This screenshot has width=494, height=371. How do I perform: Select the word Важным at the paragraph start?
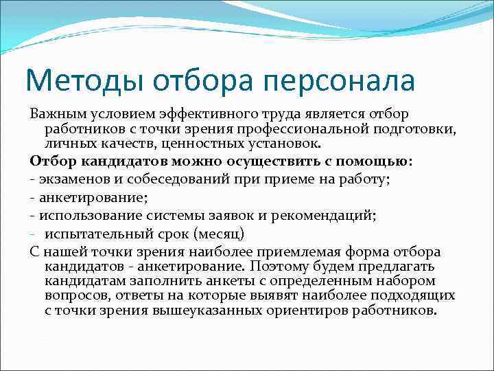(55, 113)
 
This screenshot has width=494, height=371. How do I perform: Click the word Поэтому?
(275, 267)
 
